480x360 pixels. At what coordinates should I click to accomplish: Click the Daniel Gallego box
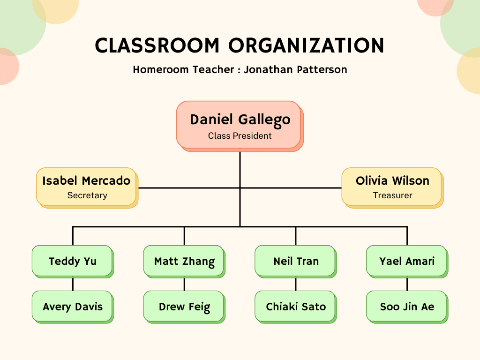[x=240, y=126]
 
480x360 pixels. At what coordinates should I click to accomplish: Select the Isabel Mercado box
[x=87, y=187]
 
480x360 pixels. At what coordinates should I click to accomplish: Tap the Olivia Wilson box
[x=392, y=187]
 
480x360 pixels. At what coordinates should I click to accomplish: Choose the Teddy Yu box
[x=73, y=262]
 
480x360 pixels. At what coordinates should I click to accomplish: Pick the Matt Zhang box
[x=184, y=262]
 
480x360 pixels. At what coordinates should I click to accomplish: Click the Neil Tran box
[x=296, y=262]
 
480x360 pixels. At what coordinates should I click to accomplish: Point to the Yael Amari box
[x=407, y=262]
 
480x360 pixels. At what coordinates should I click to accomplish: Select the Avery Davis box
[x=73, y=307]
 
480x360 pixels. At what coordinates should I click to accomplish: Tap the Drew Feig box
[x=184, y=307]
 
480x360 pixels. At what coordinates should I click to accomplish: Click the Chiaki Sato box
[x=296, y=307]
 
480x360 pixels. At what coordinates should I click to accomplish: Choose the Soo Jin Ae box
[x=407, y=307]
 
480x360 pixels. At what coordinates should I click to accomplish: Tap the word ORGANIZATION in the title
[x=306, y=45]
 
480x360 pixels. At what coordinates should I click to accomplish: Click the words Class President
[x=240, y=135]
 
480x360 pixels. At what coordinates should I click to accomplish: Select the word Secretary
[x=87, y=195]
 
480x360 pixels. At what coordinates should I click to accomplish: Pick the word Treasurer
[x=392, y=195]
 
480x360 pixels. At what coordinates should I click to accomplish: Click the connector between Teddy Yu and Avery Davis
[x=73, y=285]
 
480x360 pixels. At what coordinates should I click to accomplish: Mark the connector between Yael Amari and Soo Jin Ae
[x=407, y=285]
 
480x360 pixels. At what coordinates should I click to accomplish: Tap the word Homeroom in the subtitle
[x=161, y=69]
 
